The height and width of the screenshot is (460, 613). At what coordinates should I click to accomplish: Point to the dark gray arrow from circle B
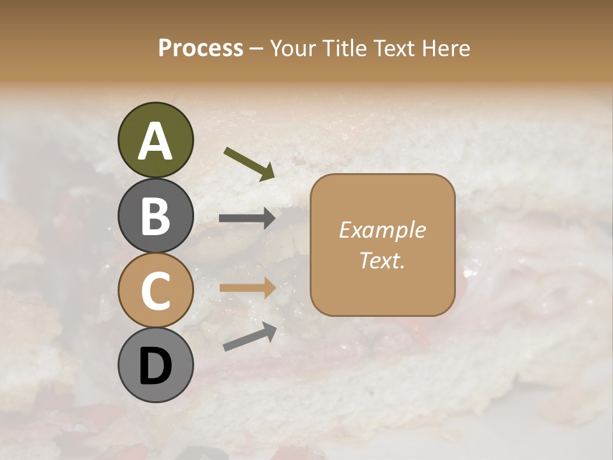(247, 218)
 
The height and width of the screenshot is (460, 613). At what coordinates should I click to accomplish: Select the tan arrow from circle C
(247, 287)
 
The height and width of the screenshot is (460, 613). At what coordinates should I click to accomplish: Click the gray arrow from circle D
(250, 336)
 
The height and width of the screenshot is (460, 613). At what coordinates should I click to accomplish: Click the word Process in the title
(201, 48)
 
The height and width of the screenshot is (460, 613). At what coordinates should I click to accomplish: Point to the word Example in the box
(382, 230)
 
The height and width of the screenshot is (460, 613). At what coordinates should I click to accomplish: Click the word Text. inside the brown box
(382, 260)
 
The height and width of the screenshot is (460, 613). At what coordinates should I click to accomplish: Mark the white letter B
(155, 216)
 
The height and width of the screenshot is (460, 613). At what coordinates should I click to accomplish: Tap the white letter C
(155, 291)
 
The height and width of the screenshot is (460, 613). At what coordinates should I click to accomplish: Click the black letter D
(155, 367)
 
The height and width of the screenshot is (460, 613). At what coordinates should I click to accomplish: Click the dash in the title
(257, 49)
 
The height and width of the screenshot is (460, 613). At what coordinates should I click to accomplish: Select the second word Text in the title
(396, 48)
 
